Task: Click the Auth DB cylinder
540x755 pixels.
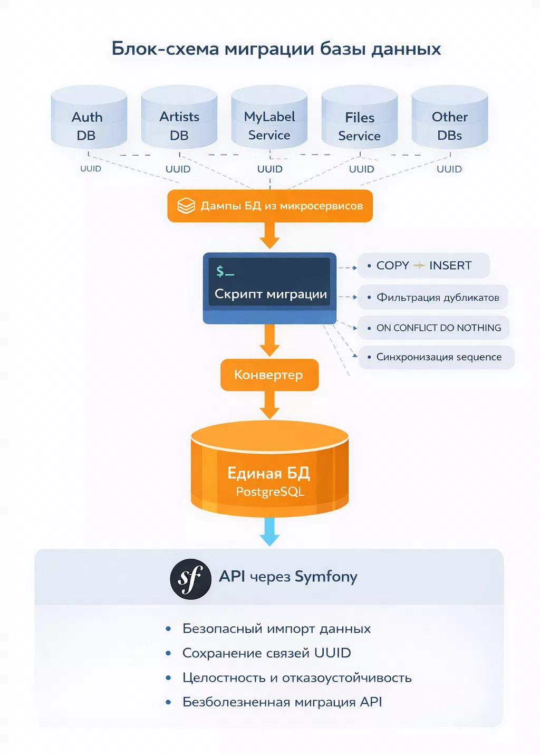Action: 89,117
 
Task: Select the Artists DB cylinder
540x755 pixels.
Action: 179,117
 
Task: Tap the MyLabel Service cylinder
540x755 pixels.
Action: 269,117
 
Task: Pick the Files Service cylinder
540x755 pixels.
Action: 360,117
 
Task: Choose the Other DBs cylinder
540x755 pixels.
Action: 450,117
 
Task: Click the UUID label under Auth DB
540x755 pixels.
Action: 91,168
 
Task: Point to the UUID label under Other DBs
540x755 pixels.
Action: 449,169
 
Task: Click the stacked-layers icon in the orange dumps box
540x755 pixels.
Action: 186,206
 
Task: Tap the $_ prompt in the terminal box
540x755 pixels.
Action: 225,271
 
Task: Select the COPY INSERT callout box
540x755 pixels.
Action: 423,265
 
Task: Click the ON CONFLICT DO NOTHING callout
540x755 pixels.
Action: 433,328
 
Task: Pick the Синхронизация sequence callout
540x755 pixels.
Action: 437,357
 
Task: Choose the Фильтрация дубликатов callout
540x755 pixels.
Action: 432,297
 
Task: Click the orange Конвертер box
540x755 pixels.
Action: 269,375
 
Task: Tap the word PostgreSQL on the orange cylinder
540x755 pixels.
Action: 270,491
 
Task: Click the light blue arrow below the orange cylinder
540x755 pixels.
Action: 269,531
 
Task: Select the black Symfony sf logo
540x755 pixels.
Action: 191,579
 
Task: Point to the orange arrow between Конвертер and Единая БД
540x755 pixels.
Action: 269,405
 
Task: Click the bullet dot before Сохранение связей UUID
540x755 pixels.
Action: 168,653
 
